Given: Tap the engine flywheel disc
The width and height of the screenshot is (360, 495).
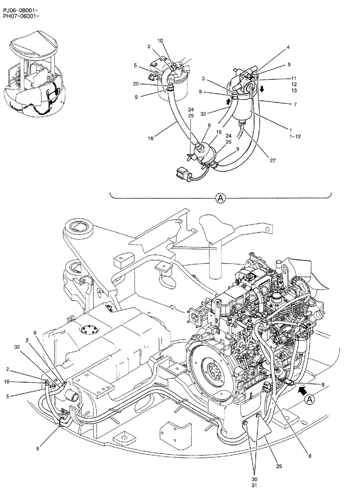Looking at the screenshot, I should pos(214,369).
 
